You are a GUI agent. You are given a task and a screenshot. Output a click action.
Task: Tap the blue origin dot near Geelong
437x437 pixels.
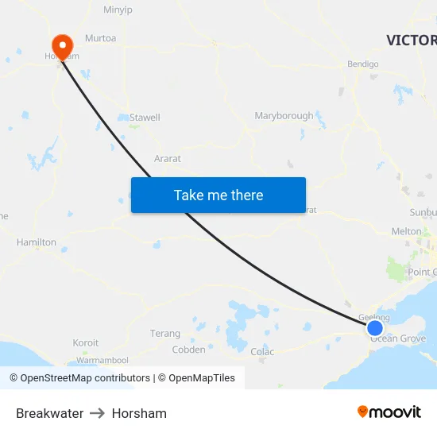tap(375, 327)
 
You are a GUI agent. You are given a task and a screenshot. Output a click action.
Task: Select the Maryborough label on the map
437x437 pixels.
tap(284, 116)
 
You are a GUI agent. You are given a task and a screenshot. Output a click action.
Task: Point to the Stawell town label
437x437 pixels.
tap(145, 118)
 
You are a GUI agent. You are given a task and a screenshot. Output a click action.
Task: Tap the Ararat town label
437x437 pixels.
tap(168, 159)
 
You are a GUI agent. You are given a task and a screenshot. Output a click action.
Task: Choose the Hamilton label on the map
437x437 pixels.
tap(37, 242)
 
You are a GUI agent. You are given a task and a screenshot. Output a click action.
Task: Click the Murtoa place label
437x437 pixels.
tap(100, 38)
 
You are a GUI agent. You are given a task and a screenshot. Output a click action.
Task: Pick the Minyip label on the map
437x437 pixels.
tap(119, 10)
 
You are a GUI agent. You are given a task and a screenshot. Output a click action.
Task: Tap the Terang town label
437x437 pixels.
tap(165, 334)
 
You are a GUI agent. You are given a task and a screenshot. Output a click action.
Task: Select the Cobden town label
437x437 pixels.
tap(188, 350)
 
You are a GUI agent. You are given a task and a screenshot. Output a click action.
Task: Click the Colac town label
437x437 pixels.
tap(262, 352)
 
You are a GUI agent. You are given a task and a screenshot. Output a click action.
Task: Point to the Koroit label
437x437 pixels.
tap(86, 343)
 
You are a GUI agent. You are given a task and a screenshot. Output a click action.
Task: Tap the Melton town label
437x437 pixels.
tap(407, 231)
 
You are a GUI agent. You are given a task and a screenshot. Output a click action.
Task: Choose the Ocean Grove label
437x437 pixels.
tap(398, 339)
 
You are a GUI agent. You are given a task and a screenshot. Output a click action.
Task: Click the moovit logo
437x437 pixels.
tap(389, 412)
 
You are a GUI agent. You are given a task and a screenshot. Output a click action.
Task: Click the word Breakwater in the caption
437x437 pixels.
tap(49, 413)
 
